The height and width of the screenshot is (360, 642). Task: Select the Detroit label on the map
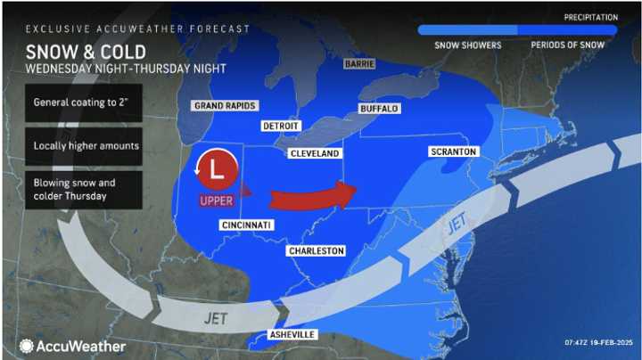click(x=281, y=126)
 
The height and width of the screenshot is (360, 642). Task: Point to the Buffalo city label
click(x=378, y=109)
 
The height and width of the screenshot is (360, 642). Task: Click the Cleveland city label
click(x=315, y=154)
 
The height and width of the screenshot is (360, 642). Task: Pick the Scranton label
click(x=454, y=151)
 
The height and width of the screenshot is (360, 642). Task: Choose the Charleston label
click(x=316, y=251)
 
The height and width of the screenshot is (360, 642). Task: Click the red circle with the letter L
click(x=215, y=167)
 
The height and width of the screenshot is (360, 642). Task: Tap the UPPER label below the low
click(x=216, y=200)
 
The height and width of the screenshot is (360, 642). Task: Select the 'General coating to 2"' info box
click(x=82, y=103)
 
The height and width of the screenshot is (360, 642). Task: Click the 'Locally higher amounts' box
click(x=82, y=145)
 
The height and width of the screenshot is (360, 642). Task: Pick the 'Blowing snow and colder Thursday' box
click(x=82, y=189)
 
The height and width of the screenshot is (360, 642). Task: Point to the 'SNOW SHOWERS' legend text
click(x=468, y=45)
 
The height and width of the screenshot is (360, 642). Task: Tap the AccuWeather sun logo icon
click(x=27, y=346)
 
